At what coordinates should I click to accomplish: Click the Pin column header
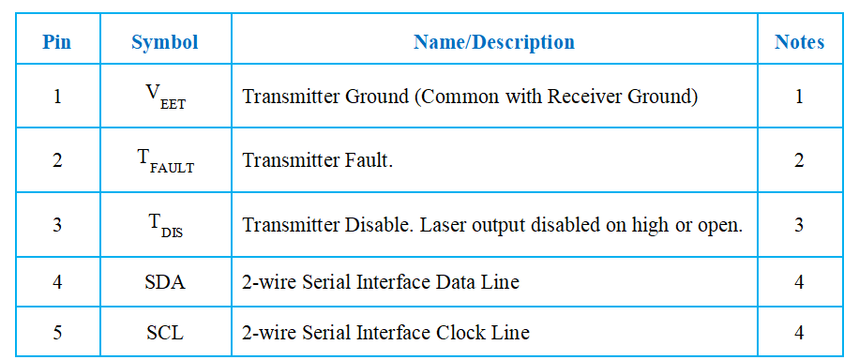[x=57, y=42]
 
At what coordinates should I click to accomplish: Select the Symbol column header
[x=165, y=42]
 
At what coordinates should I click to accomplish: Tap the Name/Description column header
[x=494, y=42]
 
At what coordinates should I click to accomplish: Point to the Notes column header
[x=799, y=42]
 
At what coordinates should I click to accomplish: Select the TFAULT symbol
[x=165, y=162]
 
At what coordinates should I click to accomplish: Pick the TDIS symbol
[x=165, y=226]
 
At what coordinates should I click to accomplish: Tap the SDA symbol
[x=165, y=282]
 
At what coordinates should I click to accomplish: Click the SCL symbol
[x=165, y=333]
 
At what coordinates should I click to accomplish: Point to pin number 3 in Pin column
[x=57, y=225]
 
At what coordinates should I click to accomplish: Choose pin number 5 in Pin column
[x=57, y=333]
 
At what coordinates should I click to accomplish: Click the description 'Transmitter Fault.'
[x=318, y=161]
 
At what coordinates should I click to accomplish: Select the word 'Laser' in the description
[x=440, y=225]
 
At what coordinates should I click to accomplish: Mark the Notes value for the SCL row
[x=799, y=333]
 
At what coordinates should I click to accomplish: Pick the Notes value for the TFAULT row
[x=799, y=161]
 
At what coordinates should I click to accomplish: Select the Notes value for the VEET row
[x=799, y=97]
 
